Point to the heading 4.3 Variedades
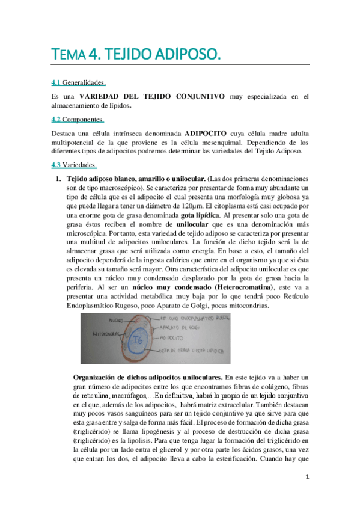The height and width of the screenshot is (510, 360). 75,165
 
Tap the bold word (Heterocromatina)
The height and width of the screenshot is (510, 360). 240,288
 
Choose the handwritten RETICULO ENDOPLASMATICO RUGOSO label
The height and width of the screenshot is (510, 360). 192,319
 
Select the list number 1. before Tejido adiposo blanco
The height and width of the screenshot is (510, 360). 59,179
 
